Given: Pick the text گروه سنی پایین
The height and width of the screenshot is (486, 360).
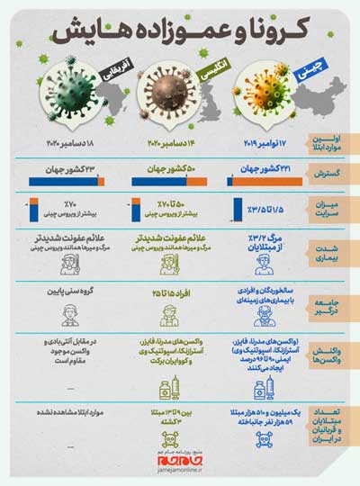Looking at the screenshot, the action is pos(72,293).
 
